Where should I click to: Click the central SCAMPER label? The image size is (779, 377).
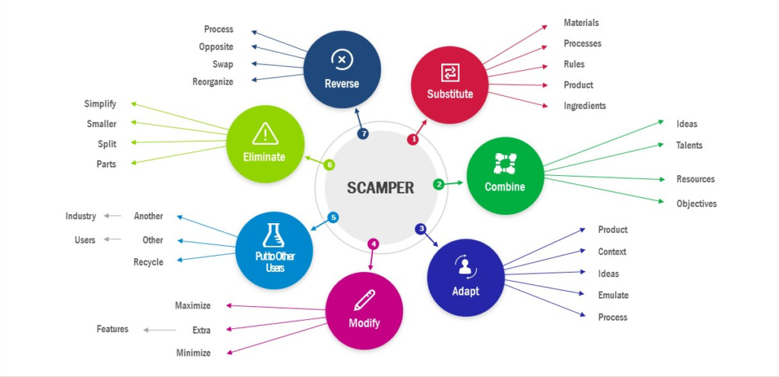point(380,187)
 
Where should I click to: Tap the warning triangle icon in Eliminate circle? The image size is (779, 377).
point(265,134)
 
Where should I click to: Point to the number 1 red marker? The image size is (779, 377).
point(413,139)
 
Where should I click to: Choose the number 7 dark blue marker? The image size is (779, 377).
point(363,134)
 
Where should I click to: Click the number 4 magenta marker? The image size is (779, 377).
point(373,244)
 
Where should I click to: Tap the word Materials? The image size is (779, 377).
point(581,23)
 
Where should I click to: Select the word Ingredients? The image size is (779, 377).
point(584,106)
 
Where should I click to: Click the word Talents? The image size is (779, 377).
point(689,145)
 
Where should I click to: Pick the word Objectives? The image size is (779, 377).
point(696,203)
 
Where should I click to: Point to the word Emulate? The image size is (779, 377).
point(613,295)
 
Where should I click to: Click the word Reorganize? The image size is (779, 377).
point(213,81)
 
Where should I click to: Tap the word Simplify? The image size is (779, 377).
point(100,104)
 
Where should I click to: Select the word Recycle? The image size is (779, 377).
point(148,262)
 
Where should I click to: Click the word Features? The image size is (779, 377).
point(113,329)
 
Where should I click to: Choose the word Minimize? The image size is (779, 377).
point(192,353)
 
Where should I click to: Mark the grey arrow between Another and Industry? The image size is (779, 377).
point(113,216)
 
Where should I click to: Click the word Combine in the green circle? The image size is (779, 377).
point(504,187)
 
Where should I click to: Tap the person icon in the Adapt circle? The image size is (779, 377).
point(465,267)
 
